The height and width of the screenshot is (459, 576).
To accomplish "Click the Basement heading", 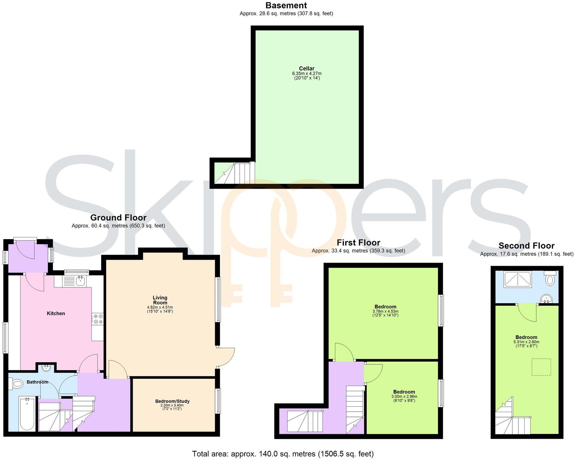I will [286, 5].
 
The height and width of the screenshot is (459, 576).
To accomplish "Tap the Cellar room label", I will [306, 68].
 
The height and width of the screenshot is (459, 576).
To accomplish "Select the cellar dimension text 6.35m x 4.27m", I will [306, 73].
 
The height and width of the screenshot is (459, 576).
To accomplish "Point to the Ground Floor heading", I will [118, 218].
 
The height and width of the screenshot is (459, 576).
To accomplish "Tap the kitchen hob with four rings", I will [97, 319].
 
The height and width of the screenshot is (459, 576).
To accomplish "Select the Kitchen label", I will [56, 313].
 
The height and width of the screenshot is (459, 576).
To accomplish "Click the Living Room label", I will [160, 300].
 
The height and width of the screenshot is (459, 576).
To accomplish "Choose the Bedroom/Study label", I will [172, 401].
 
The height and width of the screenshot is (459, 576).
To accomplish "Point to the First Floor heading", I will [358, 243].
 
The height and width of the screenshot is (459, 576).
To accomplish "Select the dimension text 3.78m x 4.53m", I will [385, 311].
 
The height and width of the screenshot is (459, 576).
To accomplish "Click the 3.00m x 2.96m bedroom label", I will [404, 392].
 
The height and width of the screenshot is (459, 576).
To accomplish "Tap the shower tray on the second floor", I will [518, 280].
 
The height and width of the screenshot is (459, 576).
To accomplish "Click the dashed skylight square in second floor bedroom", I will [541, 367].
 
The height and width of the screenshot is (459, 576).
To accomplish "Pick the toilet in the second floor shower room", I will [550, 279].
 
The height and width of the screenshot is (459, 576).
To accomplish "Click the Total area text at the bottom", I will [283, 454].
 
